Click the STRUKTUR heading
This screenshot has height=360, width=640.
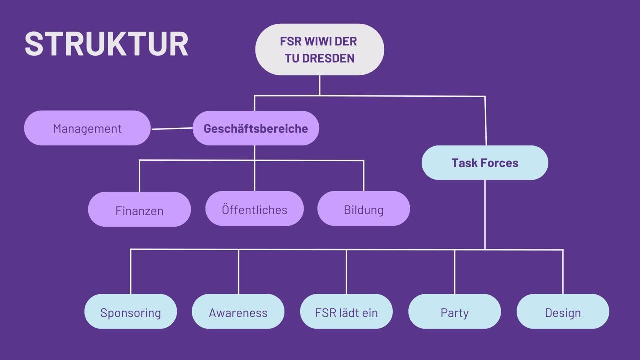pyautogui.click(x=106, y=44)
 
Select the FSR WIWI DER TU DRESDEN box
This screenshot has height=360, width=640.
pyautogui.click(x=320, y=49)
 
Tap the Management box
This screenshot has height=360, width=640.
pyautogui.click(x=87, y=128)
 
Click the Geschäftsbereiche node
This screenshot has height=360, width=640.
pyautogui.click(x=256, y=128)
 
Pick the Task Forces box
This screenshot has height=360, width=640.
pyautogui.click(x=485, y=163)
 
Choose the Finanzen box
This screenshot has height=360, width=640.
pyautogui.click(x=139, y=209)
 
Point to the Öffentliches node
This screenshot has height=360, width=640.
pyautogui.click(x=255, y=209)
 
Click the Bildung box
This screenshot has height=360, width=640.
pyautogui.click(x=364, y=209)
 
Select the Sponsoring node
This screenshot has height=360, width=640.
pyautogui.click(x=131, y=311)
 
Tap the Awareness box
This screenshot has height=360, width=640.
pyautogui.click(x=238, y=311)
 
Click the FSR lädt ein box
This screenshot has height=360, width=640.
pyautogui.click(x=346, y=311)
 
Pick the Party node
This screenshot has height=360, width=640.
pyautogui.click(x=455, y=311)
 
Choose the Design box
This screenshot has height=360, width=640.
pyautogui.click(x=563, y=311)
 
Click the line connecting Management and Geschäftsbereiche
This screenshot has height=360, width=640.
pyautogui.click(x=172, y=129)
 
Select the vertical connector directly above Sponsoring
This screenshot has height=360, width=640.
pyautogui.click(x=131, y=272)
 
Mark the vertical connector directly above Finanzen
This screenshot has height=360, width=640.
pyautogui.click(x=139, y=176)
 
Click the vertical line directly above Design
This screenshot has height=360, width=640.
pyautogui.click(x=563, y=272)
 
